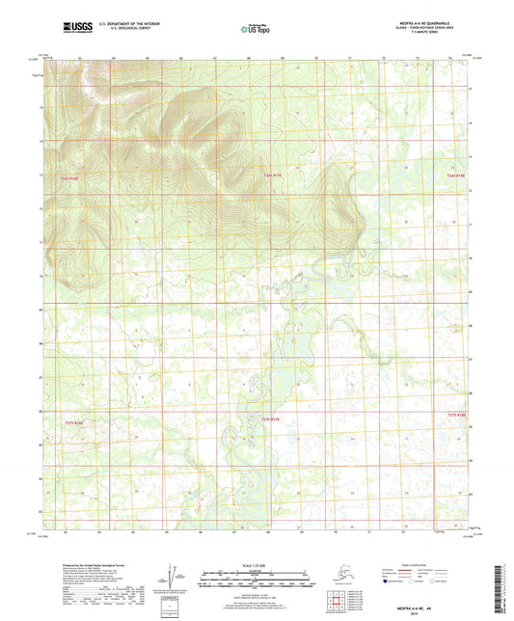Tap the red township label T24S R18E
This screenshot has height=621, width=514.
[x=455, y=175]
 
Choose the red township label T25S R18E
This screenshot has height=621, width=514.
[x=455, y=414]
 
